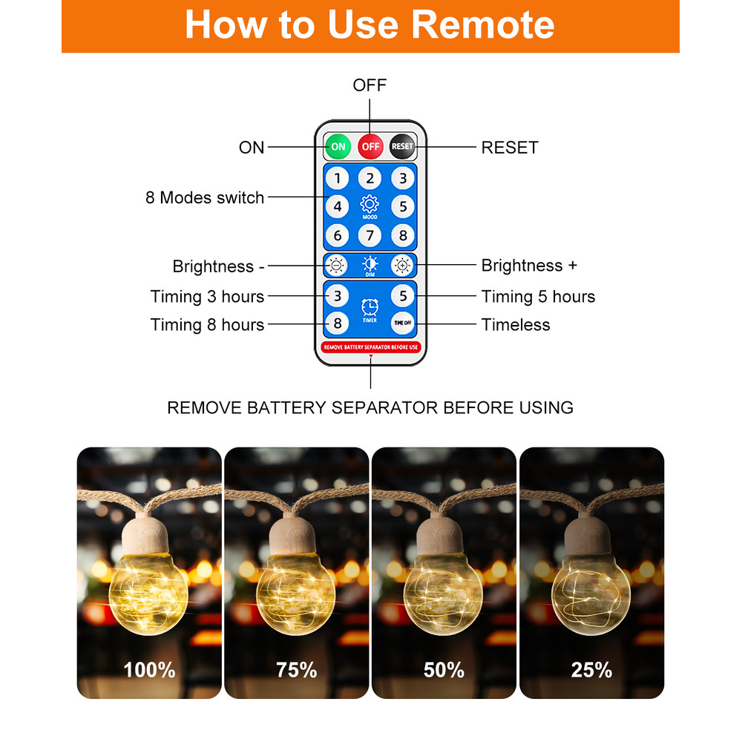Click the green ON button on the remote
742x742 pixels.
[x=338, y=147]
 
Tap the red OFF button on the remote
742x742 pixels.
[x=370, y=147]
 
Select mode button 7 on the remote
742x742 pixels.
[x=370, y=235]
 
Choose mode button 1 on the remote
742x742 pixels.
[x=338, y=178]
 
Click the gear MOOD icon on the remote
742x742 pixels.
[x=370, y=206]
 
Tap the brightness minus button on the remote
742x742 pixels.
[x=336, y=266]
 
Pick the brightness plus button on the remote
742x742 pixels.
[x=402, y=266]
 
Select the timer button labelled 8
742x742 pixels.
[x=338, y=324]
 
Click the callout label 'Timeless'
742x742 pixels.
[x=516, y=325]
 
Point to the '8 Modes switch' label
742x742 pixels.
[x=205, y=197]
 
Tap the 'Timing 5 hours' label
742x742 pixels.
[x=538, y=297]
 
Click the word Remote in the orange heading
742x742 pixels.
[x=483, y=24]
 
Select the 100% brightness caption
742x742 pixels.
[x=149, y=669]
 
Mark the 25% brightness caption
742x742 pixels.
[x=591, y=669]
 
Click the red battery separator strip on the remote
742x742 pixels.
[x=370, y=347]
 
